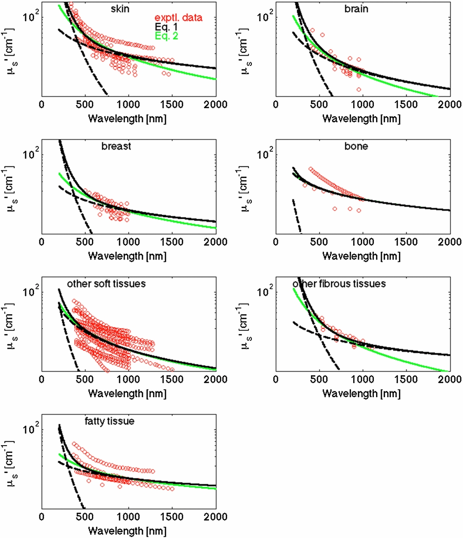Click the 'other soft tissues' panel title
(x=106, y=284)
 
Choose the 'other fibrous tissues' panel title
(x=339, y=284)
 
